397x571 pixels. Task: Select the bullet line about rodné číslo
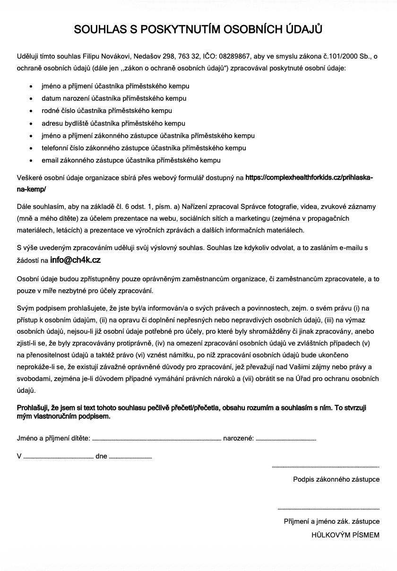click(106, 111)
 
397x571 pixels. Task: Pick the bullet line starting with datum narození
click(114, 98)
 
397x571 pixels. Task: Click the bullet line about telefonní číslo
click(144, 148)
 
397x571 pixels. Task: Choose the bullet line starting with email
click(131, 160)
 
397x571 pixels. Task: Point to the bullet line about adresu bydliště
click(113, 123)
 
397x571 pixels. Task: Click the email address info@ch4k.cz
click(75, 260)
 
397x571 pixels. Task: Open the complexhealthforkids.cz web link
click(309, 178)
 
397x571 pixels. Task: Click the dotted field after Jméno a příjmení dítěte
click(156, 439)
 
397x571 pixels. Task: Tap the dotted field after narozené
click(286, 439)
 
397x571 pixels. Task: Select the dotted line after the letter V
click(58, 457)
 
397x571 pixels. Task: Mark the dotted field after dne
click(130, 457)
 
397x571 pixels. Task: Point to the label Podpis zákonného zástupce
click(336, 479)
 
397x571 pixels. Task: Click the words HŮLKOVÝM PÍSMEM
click(345, 535)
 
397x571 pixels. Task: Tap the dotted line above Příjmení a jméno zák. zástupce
click(328, 509)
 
